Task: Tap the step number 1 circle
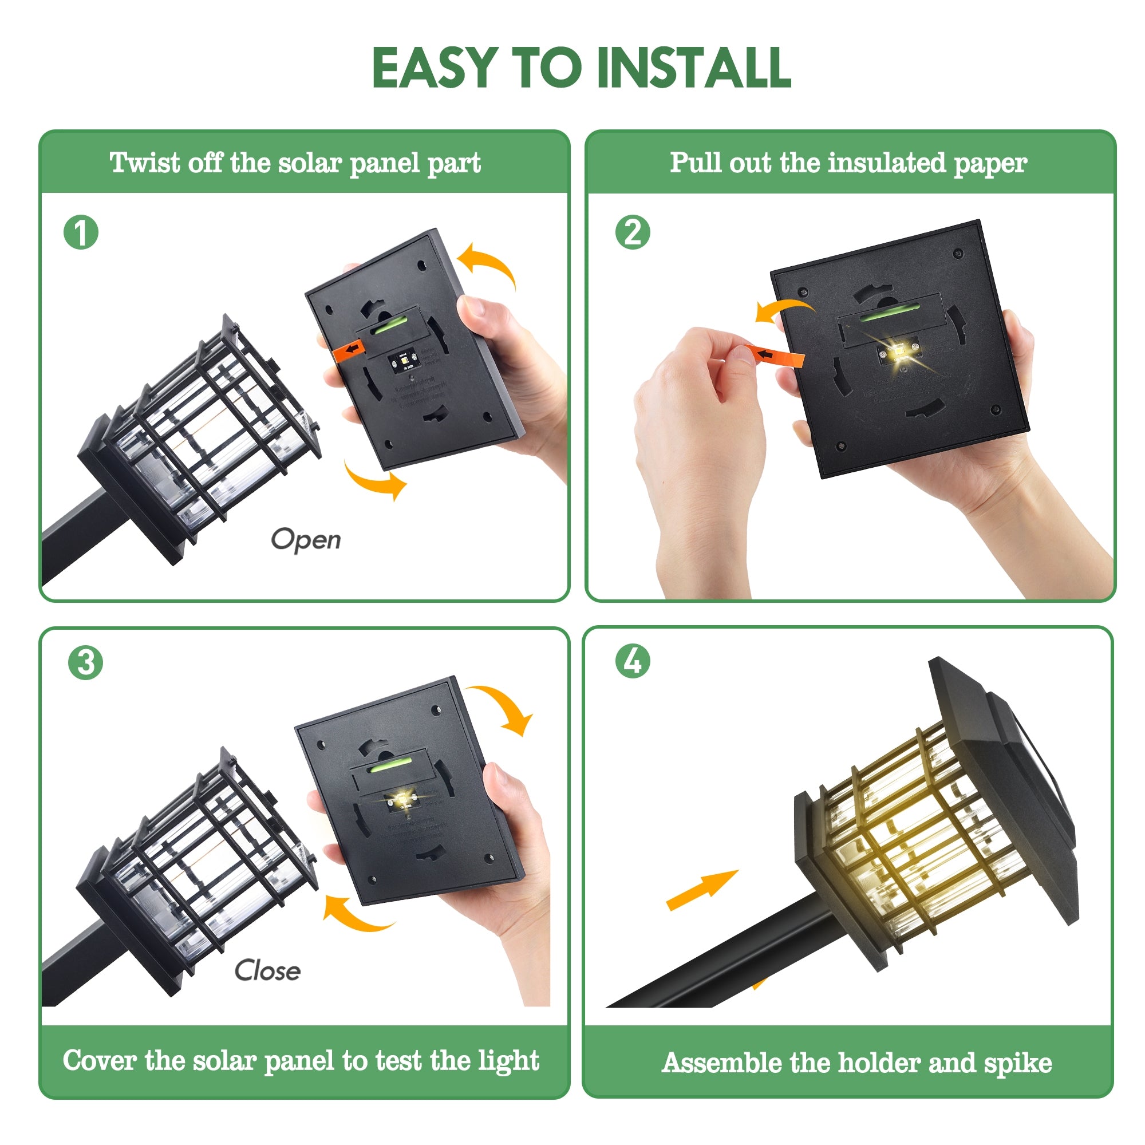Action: (x=81, y=232)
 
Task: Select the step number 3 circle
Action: (x=85, y=662)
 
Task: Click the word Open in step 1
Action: (x=306, y=539)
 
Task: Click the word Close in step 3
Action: (x=267, y=971)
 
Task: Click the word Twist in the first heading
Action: (x=145, y=163)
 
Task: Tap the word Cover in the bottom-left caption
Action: (x=99, y=1060)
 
